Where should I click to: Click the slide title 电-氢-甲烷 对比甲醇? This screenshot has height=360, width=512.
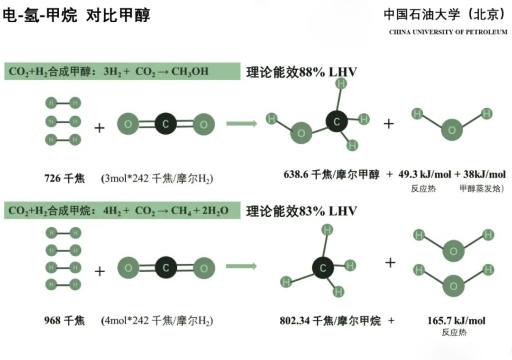[76, 16]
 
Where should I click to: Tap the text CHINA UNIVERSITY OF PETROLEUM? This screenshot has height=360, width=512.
[448, 32]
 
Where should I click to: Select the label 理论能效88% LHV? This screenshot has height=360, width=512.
[302, 73]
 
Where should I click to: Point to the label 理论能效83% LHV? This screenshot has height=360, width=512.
[302, 211]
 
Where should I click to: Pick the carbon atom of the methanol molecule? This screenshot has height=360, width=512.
[337, 122]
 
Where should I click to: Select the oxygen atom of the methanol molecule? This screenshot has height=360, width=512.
[301, 133]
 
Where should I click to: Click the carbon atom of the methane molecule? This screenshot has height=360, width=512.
[323, 268]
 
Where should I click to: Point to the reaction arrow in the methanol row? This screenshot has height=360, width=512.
[241, 124]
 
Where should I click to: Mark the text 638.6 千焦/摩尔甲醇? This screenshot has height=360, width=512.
[331, 175]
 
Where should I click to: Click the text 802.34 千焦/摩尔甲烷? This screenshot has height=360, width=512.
[330, 321]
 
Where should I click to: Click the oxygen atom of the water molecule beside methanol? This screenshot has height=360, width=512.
[452, 130]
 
